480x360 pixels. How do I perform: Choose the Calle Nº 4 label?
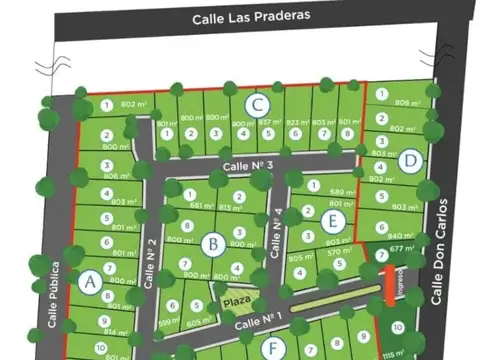[277, 229]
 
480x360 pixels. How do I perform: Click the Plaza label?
[236, 299]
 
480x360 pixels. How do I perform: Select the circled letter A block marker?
[89, 282]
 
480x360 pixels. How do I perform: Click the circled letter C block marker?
[257, 103]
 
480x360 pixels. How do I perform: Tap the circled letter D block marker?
[408, 159]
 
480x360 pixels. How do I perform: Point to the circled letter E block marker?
[334, 220]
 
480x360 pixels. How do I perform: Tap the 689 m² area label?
[343, 191]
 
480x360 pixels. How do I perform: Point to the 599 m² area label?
[168, 322]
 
